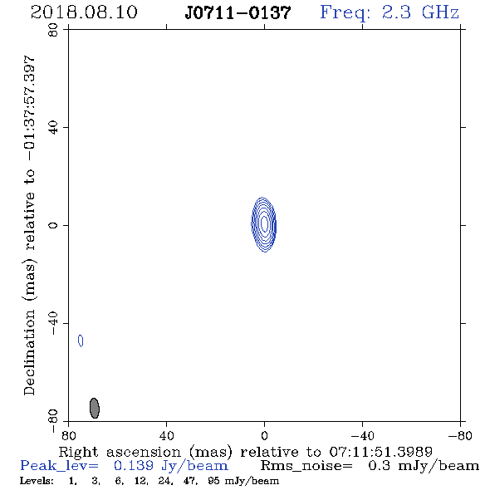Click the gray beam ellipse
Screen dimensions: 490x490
tap(95, 408)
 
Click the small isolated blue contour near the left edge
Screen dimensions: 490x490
tap(81, 341)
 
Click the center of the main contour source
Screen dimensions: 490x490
tap(264, 224)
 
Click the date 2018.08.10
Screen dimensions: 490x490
tap(84, 12)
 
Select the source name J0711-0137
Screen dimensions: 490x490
tap(238, 13)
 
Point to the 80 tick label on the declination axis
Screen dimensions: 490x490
tap(53, 30)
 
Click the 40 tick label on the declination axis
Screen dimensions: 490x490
tap(53, 128)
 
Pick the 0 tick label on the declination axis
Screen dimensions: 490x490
tap(53, 225)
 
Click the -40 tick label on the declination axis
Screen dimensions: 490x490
tap(53, 323)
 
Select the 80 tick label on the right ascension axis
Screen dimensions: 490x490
tap(68, 436)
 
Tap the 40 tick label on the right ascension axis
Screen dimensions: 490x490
tap(166, 436)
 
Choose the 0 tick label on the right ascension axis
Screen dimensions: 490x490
tap(264, 436)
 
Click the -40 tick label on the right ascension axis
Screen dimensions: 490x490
tap(362, 436)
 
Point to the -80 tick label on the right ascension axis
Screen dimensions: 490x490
tap(460, 436)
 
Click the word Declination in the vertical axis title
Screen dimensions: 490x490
tap(29, 352)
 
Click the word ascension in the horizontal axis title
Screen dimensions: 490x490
tap(144, 452)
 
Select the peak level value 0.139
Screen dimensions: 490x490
tap(134, 466)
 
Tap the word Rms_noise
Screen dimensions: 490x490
tap(306, 466)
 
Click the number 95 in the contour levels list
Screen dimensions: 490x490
tap(213, 481)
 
